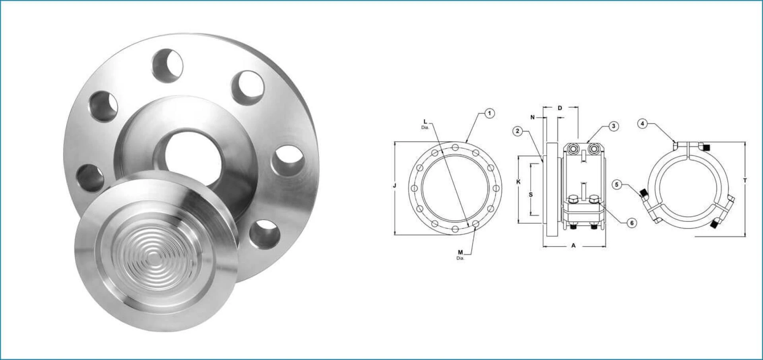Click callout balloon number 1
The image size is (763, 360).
490,114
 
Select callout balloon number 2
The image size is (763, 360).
517,131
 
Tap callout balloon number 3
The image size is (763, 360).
613,126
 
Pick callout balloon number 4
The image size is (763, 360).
643,124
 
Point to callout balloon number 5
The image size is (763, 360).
616,184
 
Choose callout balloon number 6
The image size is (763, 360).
632,223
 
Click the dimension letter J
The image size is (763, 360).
394,186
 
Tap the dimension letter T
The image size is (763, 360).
745,181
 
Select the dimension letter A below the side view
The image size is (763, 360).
573,246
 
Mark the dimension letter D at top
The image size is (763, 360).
560,108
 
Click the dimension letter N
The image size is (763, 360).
533,117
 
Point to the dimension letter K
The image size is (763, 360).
518,182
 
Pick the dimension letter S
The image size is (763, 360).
531,194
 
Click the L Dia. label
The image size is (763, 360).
425,124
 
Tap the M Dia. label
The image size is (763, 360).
460,254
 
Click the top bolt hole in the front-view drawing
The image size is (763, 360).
455,148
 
